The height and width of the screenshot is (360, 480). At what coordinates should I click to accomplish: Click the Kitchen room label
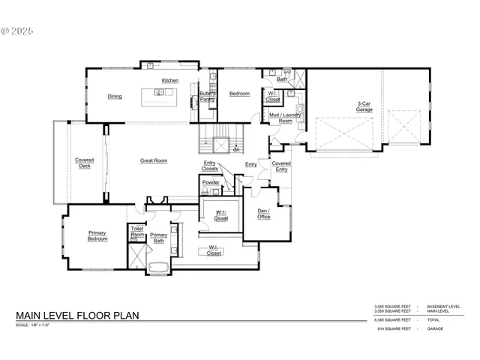170,80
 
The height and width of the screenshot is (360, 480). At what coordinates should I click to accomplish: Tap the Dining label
114,96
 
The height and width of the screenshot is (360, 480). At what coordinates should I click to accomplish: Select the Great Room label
154,160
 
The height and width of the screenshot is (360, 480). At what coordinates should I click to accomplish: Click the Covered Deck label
84,163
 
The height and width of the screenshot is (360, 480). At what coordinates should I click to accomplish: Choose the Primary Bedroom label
97,235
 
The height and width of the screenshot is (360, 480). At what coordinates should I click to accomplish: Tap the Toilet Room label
137,232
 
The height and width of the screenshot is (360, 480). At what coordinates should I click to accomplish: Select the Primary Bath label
158,238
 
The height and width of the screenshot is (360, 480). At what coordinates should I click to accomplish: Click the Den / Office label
263,214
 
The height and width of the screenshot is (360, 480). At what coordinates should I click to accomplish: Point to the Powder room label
211,182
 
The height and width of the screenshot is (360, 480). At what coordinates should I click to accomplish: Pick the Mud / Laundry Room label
286,118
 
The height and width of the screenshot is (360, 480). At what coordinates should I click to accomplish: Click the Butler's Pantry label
208,96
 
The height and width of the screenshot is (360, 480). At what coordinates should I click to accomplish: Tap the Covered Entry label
281,166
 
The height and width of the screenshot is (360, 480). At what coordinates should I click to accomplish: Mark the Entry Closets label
211,166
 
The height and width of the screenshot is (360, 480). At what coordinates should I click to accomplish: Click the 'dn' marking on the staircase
235,149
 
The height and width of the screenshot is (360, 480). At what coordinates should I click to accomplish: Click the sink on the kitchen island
160,93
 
